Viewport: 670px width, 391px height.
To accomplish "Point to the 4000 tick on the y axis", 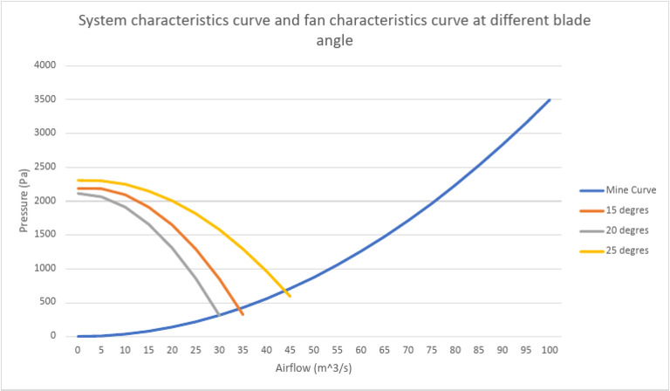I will click(44, 65).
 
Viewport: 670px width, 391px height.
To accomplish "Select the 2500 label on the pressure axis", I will click(44, 167).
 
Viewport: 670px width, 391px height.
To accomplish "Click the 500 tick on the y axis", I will click(46, 302).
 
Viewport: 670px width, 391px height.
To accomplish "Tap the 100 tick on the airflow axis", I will click(549, 350).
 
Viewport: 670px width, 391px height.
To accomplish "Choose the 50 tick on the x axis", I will click(313, 350).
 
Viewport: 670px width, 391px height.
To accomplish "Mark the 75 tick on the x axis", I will click(431, 350).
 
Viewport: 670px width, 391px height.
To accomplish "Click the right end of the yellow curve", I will click(290, 296).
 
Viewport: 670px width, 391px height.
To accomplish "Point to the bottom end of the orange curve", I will click(243, 313).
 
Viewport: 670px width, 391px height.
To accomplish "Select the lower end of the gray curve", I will click(219, 314).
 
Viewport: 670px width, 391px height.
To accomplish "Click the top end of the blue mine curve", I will click(549, 100).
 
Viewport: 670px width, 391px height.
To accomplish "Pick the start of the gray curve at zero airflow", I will click(78, 193).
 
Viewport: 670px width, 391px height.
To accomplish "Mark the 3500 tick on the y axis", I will click(44, 99).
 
